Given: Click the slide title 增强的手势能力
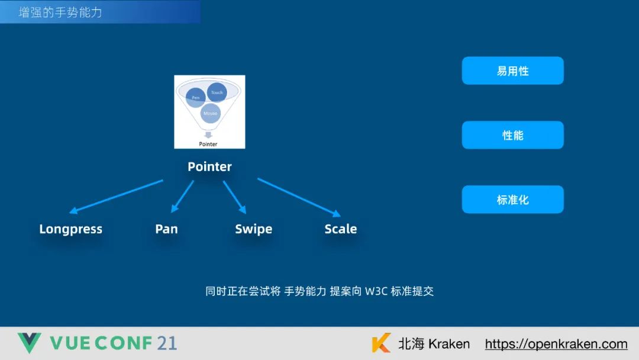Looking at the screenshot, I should click(x=60, y=12).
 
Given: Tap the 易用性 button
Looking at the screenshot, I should click(x=512, y=71).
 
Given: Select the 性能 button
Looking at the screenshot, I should click(x=512, y=136).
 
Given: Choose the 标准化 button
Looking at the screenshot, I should click(x=512, y=200).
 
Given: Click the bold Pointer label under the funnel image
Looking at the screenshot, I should click(x=209, y=167).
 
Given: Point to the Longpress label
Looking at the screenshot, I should click(x=71, y=229).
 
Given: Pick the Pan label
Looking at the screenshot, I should click(x=166, y=229).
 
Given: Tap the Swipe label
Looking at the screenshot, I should click(x=253, y=229).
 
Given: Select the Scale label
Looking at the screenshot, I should click(x=341, y=229).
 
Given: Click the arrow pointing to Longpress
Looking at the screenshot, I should click(x=116, y=196).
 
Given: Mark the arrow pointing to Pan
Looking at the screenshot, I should click(x=182, y=197).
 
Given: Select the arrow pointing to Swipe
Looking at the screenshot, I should click(x=234, y=197).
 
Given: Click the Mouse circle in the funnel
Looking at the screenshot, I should click(x=210, y=112).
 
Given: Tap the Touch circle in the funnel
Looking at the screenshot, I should click(x=217, y=92).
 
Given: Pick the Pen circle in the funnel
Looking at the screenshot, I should click(x=196, y=97).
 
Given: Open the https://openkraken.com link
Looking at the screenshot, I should click(x=556, y=344).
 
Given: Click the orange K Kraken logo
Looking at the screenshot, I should click(x=382, y=343).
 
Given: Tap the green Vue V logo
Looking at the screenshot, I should click(x=29, y=343).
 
